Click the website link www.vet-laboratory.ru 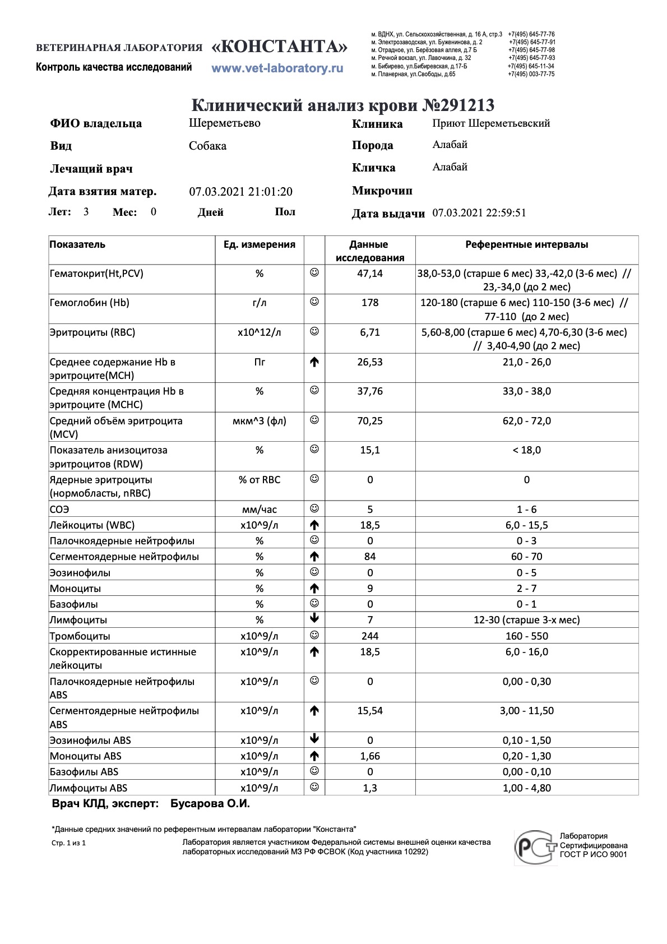pos(277,68)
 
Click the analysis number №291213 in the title pos(458,105)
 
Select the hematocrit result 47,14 pos(370,274)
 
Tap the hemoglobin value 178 pos(370,303)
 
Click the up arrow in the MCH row pos(314,362)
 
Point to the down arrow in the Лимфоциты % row pos(314,619)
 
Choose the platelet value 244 pos(370,636)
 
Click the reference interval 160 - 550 pos(526,636)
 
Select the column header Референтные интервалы pos(526,244)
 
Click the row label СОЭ pos(59,510)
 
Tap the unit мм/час pos(259,510)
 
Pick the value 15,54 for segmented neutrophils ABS pos(370,711)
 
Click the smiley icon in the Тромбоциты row pos(314,635)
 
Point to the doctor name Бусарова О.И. pos(210,804)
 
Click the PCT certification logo pos(535,846)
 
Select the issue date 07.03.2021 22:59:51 pos(479,213)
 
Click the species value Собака pos(207,146)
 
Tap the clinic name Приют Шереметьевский pos(491,123)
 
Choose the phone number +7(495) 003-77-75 pos(531,74)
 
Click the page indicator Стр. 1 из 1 pos(68,843)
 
